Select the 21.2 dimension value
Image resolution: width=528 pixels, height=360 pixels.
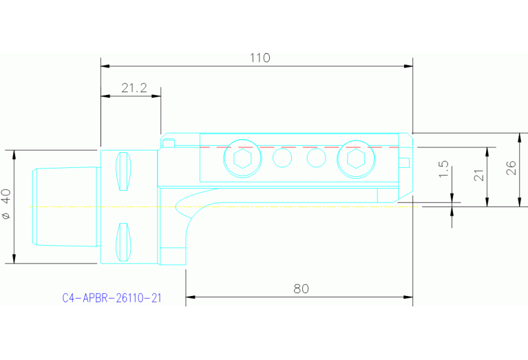(x=134, y=88)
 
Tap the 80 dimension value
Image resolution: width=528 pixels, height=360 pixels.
(x=301, y=288)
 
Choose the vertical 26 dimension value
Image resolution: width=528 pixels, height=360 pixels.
(x=511, y=169)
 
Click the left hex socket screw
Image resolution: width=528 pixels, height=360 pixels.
(x=242, y=160)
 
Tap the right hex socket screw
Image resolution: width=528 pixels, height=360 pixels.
(x=355, y=160)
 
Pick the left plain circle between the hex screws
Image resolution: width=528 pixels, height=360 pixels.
(x=282, y=159)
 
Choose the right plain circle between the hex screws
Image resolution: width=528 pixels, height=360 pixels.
(x=316, y=159)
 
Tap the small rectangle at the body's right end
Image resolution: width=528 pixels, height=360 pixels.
(x=405, y=162)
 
